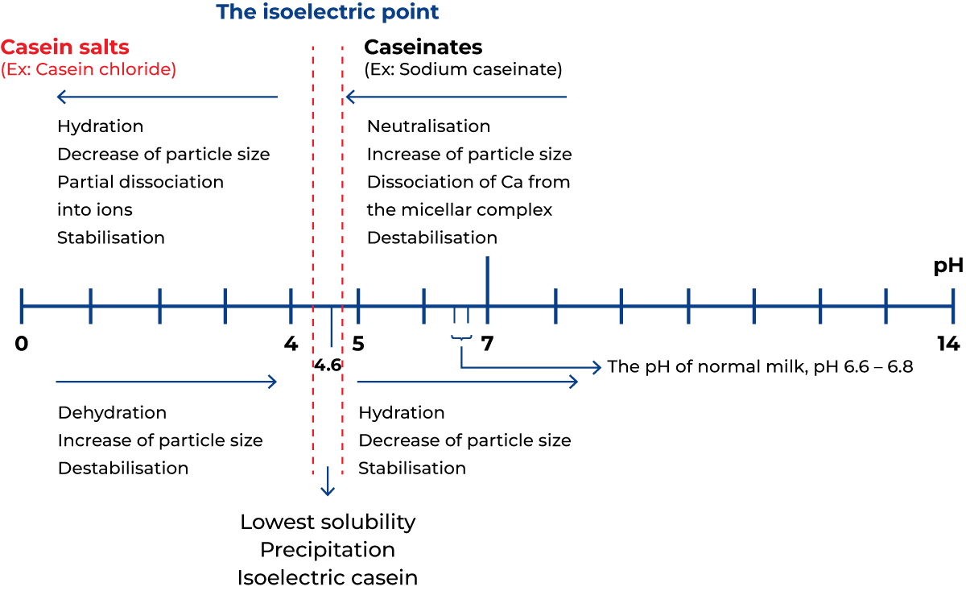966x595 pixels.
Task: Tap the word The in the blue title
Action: pos(236,13)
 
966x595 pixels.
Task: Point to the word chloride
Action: pos(138,70)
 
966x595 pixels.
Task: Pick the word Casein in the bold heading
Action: pos(31,47)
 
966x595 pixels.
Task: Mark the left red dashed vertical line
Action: pos(313,201)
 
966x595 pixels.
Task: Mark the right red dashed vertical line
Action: pos(342,201)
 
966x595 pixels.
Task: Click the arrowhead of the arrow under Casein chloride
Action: pos(60,97)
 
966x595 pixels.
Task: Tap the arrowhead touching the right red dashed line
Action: pos(349,97)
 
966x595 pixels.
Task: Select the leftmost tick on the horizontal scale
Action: pos(22,306)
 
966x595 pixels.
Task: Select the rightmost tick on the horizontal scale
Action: pos(952,306)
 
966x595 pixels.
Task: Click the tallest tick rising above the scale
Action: pos(487,278)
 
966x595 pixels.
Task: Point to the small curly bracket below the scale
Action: pos(461,337)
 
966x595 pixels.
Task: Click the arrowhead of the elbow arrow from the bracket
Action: pos(597,368)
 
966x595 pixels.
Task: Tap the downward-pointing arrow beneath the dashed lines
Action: pos(328,483)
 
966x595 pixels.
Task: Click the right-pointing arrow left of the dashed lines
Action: pos(165,382)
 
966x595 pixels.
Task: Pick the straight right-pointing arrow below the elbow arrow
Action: pos(467,382)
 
